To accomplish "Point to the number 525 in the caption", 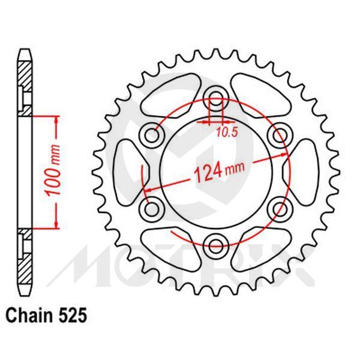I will click(73, 313).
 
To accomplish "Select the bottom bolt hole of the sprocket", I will click(215, 243).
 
